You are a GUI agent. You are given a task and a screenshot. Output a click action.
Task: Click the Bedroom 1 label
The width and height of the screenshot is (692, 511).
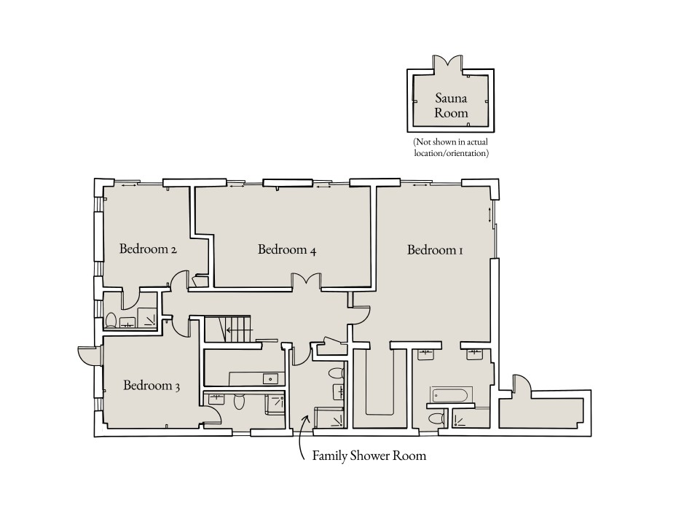click(435, 250)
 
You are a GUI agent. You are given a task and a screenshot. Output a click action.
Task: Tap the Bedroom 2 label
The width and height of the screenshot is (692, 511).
click(148, 249)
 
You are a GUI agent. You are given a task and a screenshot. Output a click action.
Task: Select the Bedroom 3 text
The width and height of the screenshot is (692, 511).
click(152, 385)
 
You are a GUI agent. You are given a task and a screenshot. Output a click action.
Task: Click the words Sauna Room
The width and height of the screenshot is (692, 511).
click(451, 105)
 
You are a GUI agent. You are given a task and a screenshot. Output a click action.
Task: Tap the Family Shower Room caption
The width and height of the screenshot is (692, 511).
click(369, 456)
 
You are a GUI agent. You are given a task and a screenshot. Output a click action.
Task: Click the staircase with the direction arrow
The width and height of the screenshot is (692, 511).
click(227, 329)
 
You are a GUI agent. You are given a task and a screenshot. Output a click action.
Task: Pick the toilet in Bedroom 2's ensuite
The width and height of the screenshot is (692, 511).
click(111, 320)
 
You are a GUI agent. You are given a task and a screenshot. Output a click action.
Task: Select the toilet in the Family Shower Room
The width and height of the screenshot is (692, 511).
click(336, 374)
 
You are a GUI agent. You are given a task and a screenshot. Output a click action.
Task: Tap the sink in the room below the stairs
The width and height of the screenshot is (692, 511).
click(270, 378)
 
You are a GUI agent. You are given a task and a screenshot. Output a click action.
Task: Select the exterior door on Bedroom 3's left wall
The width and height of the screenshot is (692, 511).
click(87, 356)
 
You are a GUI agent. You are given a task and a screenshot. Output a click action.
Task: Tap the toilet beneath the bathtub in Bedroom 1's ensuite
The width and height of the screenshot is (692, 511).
click(434, 418)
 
